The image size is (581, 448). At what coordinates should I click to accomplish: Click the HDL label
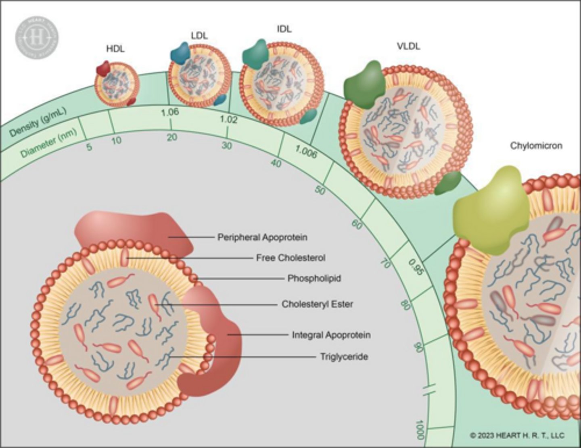pos(115,49)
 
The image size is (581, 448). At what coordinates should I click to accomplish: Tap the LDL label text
pos(199,35)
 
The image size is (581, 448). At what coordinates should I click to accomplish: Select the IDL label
pos(284,29)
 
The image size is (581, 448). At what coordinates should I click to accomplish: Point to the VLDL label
pos(408,46)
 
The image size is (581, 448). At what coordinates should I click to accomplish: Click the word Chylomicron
pos(536,146)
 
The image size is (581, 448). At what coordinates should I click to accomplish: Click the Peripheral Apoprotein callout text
pos(262,237)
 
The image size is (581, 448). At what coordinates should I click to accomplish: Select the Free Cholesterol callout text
pos(290,258)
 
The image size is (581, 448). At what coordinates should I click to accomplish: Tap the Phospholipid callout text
pos(314,278)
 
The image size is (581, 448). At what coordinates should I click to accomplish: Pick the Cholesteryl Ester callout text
pos(317,304)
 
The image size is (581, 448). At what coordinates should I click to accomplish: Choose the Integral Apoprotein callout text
pos(331,335)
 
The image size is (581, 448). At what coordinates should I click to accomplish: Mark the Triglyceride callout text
pos(344,356)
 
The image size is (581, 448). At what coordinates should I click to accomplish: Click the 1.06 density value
pos(169,112)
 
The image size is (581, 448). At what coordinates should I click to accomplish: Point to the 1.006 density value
pos(305,152)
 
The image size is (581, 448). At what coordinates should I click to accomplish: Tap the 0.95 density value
pos(416,267)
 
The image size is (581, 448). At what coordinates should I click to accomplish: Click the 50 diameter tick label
pos(320,190)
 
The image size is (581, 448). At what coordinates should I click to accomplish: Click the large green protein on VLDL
pos(364,85)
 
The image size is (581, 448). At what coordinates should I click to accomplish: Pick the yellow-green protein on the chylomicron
pos(490,210)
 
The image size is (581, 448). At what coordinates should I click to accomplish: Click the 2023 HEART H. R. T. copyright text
pos(517,435)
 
